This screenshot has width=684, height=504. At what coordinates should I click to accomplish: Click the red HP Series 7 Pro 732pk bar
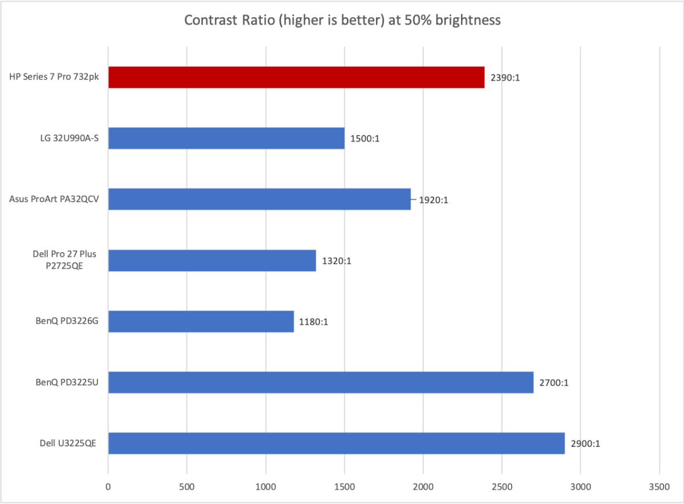pos(296,77)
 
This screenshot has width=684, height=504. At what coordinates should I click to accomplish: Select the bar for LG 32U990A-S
pos(226,138)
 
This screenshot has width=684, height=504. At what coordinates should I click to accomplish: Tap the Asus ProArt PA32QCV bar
pos(259,199)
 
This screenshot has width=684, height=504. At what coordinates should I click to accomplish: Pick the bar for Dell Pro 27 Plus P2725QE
pos(212,260)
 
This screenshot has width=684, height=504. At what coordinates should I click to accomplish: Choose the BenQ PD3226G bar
pos(201,321)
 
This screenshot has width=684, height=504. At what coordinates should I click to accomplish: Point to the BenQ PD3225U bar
pos(321,382)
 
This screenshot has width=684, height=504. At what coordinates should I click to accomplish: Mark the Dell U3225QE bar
pos(336,443)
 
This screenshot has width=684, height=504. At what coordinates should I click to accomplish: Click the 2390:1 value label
pos(505,78)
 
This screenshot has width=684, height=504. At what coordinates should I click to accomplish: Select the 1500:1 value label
pos(365,139)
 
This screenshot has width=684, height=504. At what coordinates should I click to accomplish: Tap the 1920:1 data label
pos(434,200)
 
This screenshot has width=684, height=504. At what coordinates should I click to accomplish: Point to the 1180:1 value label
pos(314,322)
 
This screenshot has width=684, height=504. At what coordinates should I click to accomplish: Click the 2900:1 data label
pos(585,444)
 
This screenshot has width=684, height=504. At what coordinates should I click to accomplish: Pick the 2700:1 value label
pos(554,383)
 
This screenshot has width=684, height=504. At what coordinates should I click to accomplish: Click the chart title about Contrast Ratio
pos(342,21)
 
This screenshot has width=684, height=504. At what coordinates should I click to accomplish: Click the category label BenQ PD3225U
pos(64,383)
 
